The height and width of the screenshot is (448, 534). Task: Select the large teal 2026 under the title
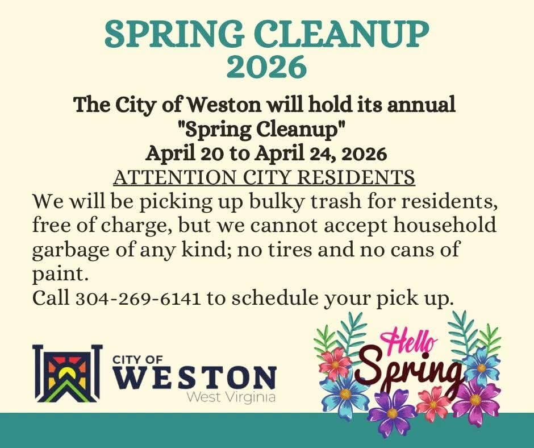(266, 67)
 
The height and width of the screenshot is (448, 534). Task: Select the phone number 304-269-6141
(138, 298)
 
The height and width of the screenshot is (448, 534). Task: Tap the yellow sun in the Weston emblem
(68, 373)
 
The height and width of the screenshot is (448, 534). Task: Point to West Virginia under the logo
(232, 396)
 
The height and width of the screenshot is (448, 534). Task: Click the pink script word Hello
(412, 343)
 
